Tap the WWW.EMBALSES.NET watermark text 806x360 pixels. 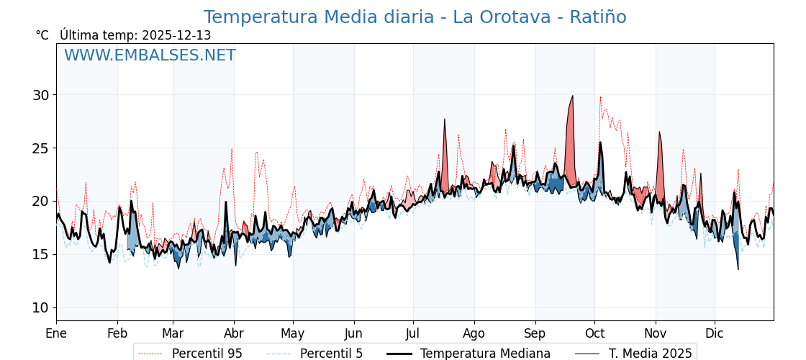pos(150,55)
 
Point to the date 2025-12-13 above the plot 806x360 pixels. pos(176,35)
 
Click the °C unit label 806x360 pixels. pos(42,35)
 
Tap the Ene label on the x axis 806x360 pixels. pos(56,333)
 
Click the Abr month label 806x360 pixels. pos(234,333)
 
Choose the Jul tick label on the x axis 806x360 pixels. pos(413,333)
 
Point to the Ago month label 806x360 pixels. pos(474,333)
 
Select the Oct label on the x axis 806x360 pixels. pos(594,333)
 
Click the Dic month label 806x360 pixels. pos(715,333)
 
